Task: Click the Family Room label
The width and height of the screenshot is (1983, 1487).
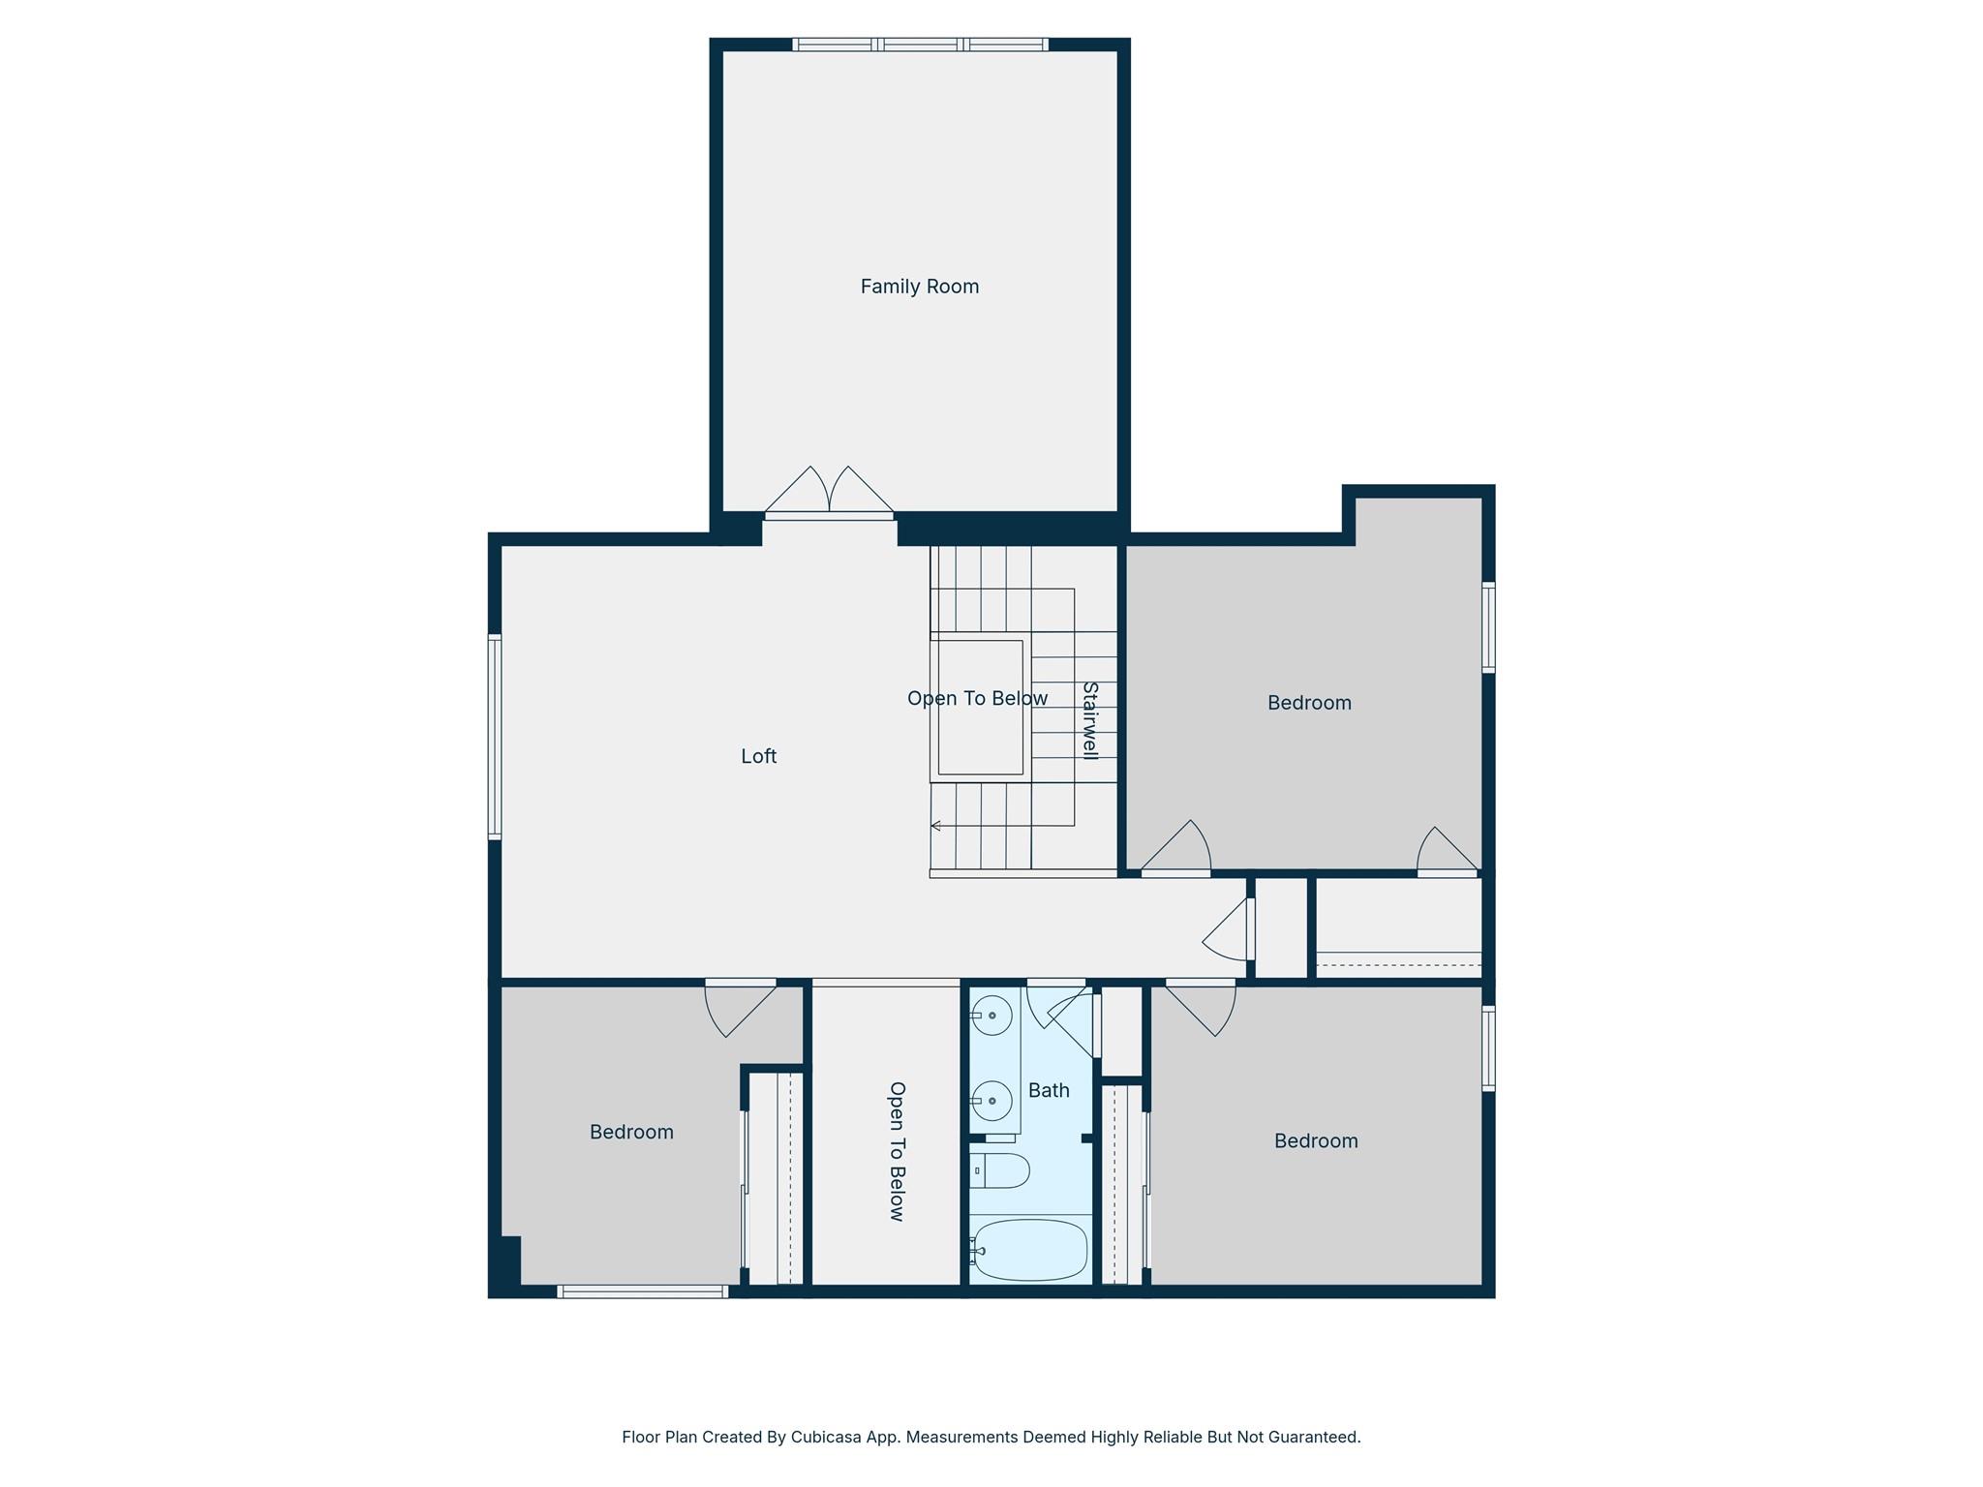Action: [x=919, y=287]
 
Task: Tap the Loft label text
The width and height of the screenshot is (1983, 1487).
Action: [x=758, y=756]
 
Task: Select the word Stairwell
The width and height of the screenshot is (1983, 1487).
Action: [x=1089, y=720]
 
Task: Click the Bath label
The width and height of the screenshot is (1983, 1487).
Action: [x=1049, y=1090]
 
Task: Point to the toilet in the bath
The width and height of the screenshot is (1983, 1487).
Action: [x=1000, y=1170]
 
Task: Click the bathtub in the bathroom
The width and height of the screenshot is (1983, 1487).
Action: [x=1030, y=1250]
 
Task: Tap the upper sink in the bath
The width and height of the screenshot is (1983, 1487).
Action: [x=991, y=1016]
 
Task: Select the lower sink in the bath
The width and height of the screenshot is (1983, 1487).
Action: [x=991, y=1101]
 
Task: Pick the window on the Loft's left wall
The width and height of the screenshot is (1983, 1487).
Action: [x=495, y=736]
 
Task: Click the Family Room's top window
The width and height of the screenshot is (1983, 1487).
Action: [x=919, y=45]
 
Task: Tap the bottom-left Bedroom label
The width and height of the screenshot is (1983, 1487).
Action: [x=631, y=1132]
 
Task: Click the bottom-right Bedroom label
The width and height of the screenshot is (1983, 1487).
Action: [x=1315, y=1140]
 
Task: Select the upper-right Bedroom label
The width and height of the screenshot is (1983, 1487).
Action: [x=1309, y=703]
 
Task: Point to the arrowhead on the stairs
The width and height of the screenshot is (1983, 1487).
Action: [x=935, y=826]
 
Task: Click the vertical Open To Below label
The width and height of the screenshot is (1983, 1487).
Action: [x=897, y=1151]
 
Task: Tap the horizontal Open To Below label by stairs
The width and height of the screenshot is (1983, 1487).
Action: [x=977, y=698]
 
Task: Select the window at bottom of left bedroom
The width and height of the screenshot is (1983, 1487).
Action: [x=642, y=1291]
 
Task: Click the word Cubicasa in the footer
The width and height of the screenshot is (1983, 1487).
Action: [x=826, y=1437]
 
